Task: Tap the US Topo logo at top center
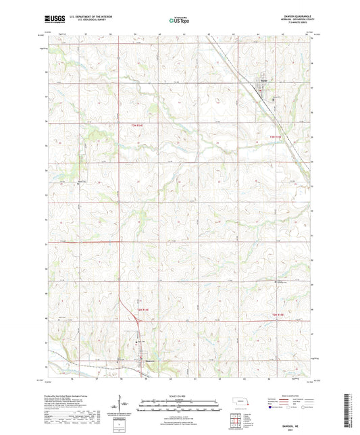click(179, 20)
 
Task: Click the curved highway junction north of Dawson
click(122, 300)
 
